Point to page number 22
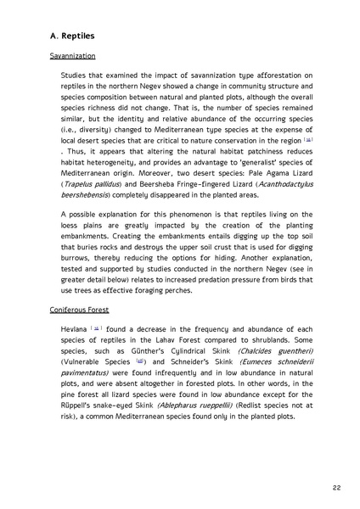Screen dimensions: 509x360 point(337,488)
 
